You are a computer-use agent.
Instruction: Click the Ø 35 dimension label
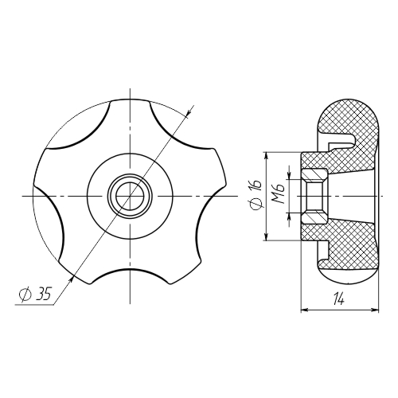click(35, 294)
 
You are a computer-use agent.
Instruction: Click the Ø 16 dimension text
click(256, 193)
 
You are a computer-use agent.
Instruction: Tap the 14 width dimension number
click(339, 300)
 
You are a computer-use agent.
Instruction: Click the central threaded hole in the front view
click(130, 196)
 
